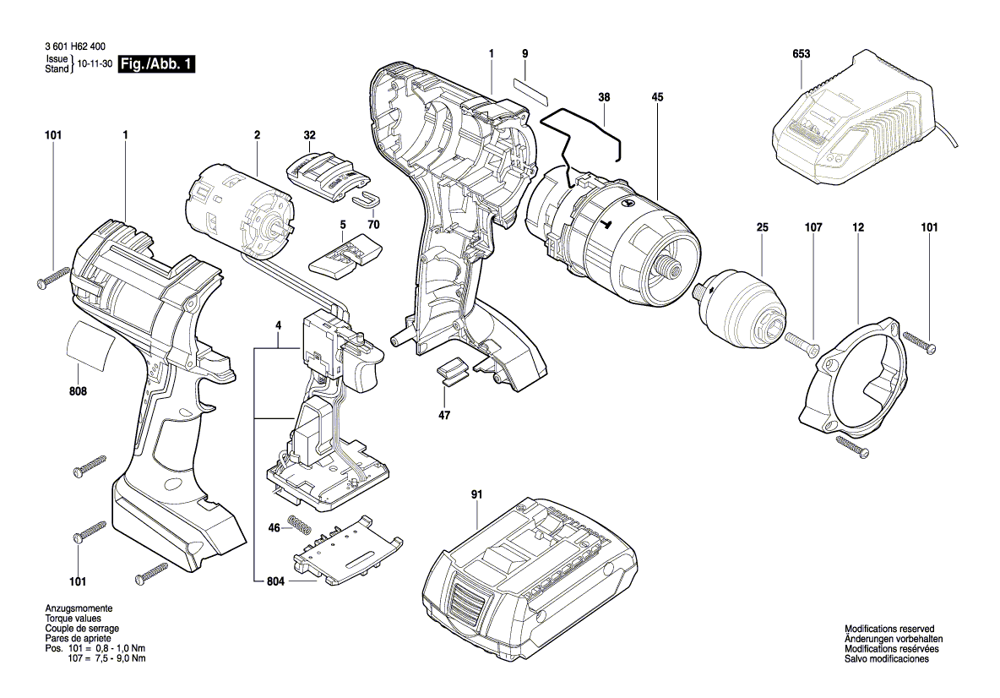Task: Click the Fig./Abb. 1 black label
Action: (157, 65)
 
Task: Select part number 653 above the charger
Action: (801, 54)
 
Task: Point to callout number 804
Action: (275, 582)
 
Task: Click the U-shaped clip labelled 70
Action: (366, 199)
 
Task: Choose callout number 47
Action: (443, 416)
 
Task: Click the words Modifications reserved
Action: (889, 630)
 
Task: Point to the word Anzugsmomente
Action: (79, 609)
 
